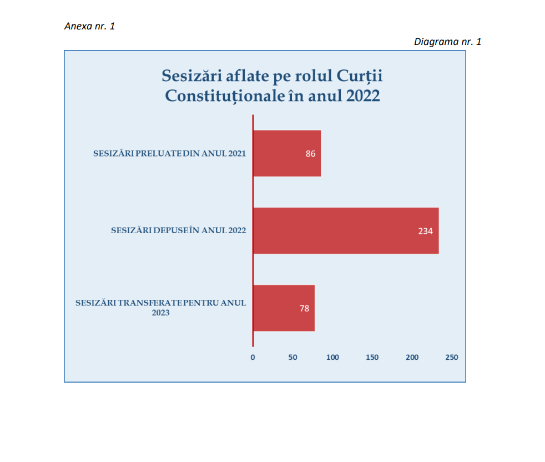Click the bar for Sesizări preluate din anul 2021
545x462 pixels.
(x=287, y=153)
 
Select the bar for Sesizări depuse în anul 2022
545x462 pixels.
(x=346, y=230)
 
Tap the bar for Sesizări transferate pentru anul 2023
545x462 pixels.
(x=284, y=308)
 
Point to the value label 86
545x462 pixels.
(x=310, y=154)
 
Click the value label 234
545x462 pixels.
(x=425, y=231)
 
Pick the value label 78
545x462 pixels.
(x=304, y=308)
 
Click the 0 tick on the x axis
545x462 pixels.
(x=253, y=358)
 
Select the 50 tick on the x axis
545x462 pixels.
(x=293, y=358)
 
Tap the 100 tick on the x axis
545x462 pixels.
(x=332, y=358)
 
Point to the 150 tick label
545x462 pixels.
(x=372, y=358)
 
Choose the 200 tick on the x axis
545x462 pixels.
(x=412, y=358)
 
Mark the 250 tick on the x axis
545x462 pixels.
(x=452, y=358)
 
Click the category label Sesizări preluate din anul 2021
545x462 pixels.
(x=169, y=154)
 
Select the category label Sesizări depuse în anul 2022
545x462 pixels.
(x=178, y=230)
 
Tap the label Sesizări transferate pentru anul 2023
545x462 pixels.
(x=160, y=308)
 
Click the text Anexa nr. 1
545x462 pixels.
(x=90, y=26)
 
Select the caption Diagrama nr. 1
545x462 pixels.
(x=447, y=42)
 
